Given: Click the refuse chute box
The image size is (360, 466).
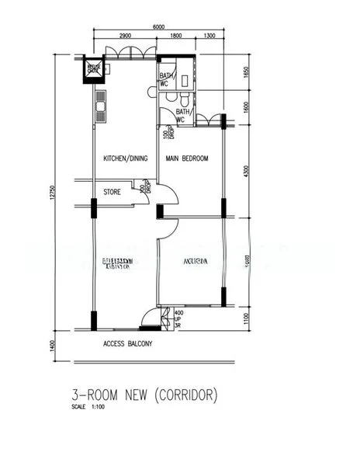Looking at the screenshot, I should point(94,71).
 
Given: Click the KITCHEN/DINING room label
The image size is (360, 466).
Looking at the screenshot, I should point(126,159).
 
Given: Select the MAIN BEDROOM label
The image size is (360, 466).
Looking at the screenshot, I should point(187,159).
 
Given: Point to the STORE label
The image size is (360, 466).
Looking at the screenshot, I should point(112,191).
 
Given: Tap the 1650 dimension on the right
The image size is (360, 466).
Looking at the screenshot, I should point(245,75).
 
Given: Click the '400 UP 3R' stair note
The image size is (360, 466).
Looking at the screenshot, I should point(178,319).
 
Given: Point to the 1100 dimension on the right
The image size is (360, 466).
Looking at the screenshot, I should point(245,318).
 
